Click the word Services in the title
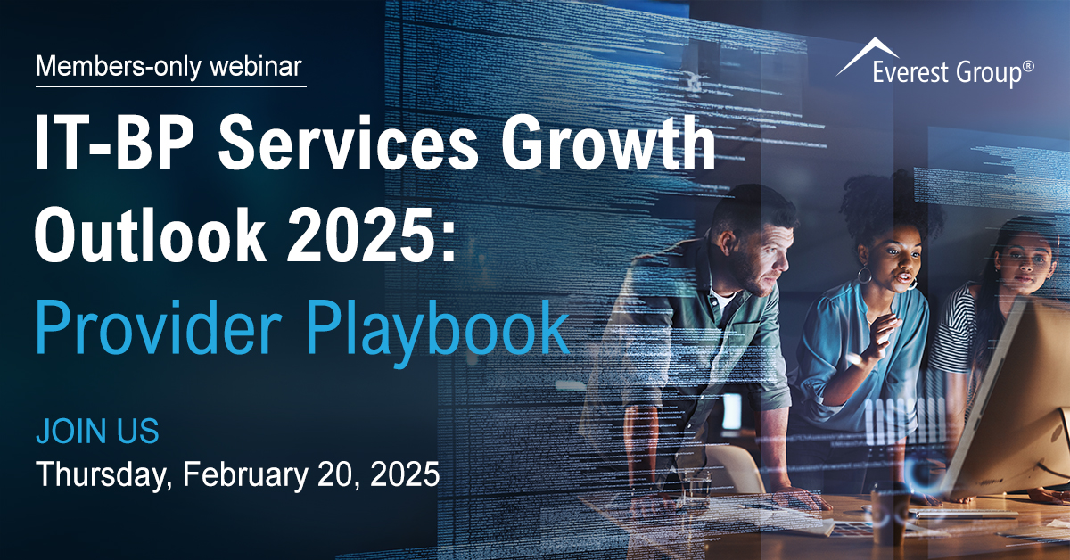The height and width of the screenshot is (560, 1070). pyautogui.click(x=348, y=143)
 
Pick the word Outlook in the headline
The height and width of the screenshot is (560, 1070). pyautogui.click(x=150, y=235)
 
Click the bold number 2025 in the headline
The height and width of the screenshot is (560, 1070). pyautogui.click(x=363, y=235)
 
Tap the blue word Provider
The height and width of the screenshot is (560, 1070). pyautogui.click(x=159, y=326)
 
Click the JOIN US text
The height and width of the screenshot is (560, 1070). pyautogui.click(x=97, y=431)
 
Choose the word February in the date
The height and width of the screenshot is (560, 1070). pyautogui.click(x=245, y=474)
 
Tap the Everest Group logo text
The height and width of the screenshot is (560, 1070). pyautogui.click(x=946, y=73)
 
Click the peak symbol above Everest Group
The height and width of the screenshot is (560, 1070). pyautogui.click(x=867, y=56)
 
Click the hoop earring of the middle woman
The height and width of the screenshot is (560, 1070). pyautogui.click(x=864, y=275)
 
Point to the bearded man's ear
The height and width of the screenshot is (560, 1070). pyautogui.click(x=728, y=243)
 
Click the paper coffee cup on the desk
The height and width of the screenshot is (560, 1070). pyautogui.click(x=890, y=516)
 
